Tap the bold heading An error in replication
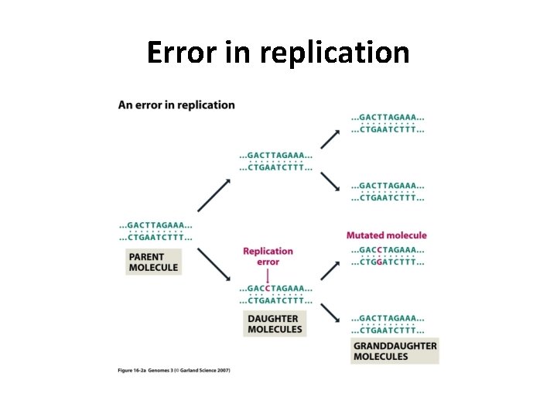pos(176,104)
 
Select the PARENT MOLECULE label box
pos(153,262)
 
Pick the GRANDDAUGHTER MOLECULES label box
pos(395,351)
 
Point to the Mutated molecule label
pos(386,235)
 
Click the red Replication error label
pos(268,256)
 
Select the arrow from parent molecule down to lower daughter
pos(214,266)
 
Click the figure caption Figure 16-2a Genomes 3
pos(174,370)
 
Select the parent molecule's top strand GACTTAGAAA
pos(155,224)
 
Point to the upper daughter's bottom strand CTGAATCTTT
pos(275,167)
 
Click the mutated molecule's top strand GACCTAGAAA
pos(388,250)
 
